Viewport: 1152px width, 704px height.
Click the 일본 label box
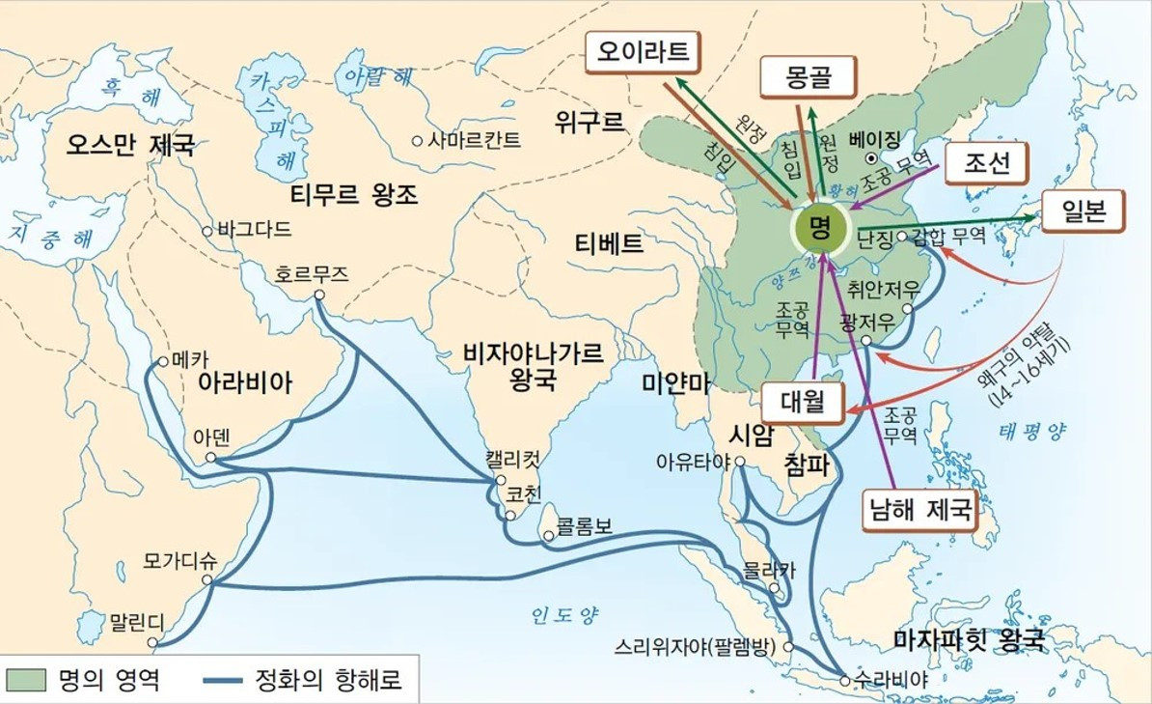(x=1082, y=210)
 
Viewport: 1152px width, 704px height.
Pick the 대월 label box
(x=802, y=402)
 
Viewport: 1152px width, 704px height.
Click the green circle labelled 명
(x=820, y=228)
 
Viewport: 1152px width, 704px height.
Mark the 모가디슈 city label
(x=178, y=560)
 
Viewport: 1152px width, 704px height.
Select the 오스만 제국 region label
(x=130, y=146)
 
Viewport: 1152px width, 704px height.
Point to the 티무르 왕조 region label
(x=354, y=195)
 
